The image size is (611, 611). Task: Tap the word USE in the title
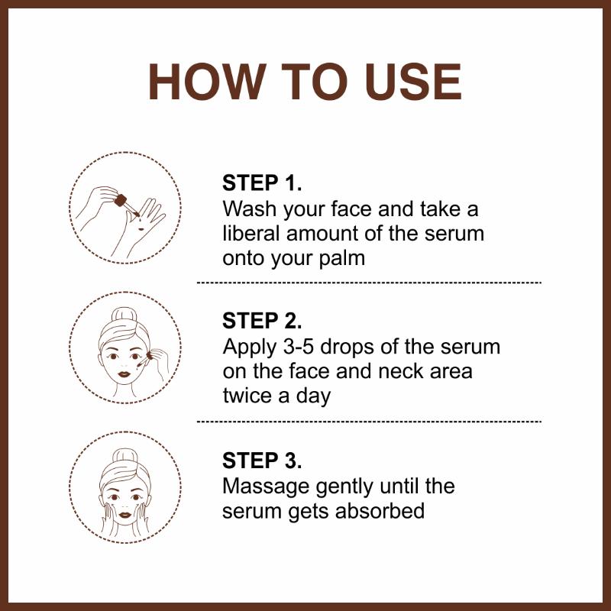pyautogui.click(x=414, y=82)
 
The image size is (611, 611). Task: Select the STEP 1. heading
pyautogui.click(x=262, y=183)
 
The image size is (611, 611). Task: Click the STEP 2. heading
pyautogui.click(x=262, y=321)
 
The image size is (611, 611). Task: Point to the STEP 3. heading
pyautogui.click(x=262, y=461)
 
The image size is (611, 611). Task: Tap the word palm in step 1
pyautogui.click(x=341, y=257)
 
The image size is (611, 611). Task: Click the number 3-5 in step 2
pyautogui.click(x=299, y=347)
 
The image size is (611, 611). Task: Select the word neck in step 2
pyautogui.click(x=400, y=370)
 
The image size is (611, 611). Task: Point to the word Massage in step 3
pyautogui.click(x=266, y=487)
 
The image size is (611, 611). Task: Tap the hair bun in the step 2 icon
pyautogui.click(x=124, y=315)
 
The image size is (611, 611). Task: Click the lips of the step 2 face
pyautogui.click(x=124, y=374)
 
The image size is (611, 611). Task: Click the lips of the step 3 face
pyautogui.click(x=125, y=515)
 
